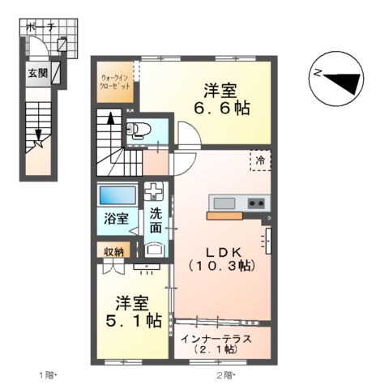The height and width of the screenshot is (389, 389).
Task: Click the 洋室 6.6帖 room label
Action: (x=220, y=99)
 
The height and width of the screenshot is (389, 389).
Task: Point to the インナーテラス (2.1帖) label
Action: (x=216, y=344)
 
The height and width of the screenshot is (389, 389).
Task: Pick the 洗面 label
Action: (x=155, y=220)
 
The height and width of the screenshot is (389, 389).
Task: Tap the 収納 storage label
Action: (x=113, y=252)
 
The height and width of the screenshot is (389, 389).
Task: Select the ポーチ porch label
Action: (x=41, y=28)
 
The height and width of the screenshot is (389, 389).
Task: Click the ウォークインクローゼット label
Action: (x=113, y=82)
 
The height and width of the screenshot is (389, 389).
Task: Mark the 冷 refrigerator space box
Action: (x=261, y=160)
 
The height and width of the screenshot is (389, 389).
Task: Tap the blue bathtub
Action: (x=117, y=196)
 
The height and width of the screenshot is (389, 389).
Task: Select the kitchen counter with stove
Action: (x=238, y=203)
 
